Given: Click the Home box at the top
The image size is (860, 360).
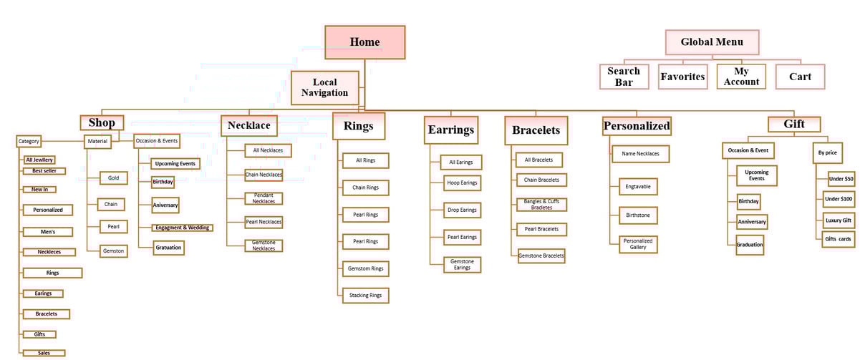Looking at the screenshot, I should point(364,42).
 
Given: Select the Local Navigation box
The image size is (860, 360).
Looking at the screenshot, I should point(324,87).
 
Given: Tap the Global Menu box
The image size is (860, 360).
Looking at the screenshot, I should point(712,42).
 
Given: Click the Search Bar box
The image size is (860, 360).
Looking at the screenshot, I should point(624,77).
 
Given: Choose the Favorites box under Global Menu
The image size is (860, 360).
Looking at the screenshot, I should point(682,77).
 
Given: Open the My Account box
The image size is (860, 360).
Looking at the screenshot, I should point(741,77).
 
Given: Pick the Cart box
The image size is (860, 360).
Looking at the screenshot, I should point(800,77).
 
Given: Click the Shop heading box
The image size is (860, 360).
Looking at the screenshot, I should point(101,123).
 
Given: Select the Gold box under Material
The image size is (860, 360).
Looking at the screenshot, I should point(114,178).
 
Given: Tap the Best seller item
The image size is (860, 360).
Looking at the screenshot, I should point(44,171).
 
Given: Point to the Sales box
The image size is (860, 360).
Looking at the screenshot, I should point(42,353).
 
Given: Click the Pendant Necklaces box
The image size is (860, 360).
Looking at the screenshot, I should point(264,198).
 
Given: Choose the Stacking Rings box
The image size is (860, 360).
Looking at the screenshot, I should point(364,295).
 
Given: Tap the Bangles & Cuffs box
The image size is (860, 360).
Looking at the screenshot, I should point(542,205).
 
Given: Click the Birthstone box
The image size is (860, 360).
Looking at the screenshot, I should point(637,215).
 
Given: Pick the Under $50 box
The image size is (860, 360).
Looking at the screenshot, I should point(839,179).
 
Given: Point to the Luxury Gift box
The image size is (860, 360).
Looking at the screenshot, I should point(838,220).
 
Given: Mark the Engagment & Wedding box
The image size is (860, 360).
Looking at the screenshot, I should point(182,228).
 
